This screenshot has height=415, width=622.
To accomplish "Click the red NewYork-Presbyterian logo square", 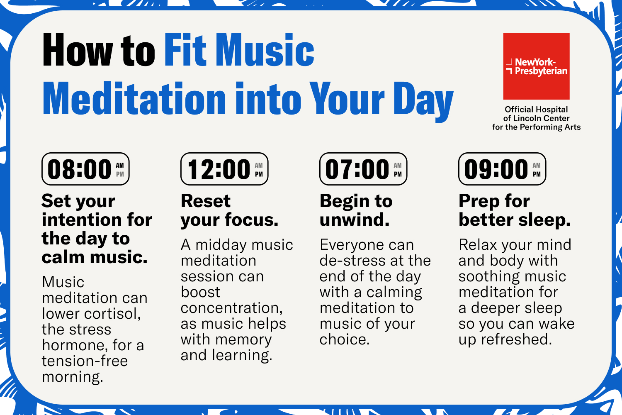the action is click(x=536, y=66).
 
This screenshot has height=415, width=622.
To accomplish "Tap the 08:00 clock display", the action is click(x=85, y=169).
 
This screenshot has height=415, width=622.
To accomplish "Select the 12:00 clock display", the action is click(x=224, y=169).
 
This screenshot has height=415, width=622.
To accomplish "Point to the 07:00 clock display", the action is click(x=363, y=169).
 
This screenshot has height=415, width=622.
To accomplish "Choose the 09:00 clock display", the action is click(x=502, y=169).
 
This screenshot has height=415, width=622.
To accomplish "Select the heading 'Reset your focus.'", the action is click(x=229, y=210).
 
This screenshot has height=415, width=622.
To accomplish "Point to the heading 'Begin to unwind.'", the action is click(x=356, y=210).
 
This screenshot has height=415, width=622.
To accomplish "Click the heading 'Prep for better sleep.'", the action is click(x=515, y=210).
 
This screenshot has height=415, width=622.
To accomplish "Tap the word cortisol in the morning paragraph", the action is click(x=112, y=314).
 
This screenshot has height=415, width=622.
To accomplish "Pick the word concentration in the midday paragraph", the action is click(x=231, y=308).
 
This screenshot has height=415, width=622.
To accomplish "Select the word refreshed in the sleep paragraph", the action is click(x=517, y=339).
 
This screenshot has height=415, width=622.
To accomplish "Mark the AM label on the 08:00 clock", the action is click(x=120, y=166).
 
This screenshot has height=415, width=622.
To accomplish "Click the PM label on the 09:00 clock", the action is click(x=537, y=174).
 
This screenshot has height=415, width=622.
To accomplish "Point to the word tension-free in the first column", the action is click(x=85, y=361).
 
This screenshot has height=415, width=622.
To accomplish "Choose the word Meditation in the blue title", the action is click(x=134, y=98).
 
